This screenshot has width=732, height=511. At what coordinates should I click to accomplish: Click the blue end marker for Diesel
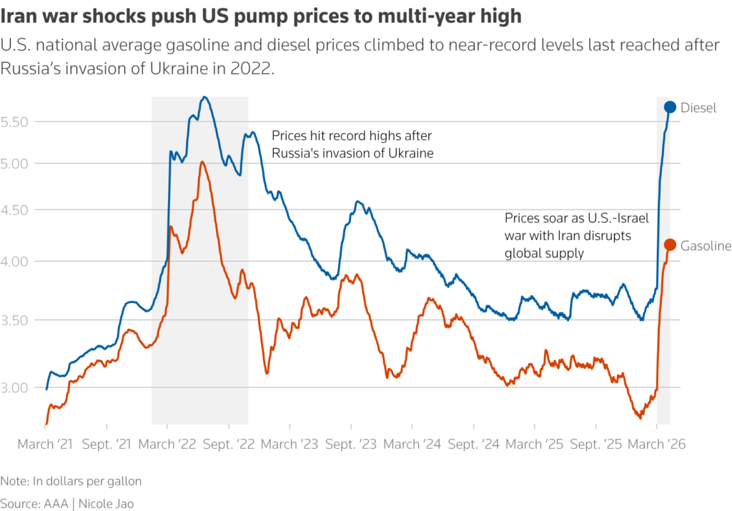[670, 107]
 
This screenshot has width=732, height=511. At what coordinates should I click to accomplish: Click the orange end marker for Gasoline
[670, 245]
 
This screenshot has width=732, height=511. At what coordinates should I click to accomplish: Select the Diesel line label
[698, 108]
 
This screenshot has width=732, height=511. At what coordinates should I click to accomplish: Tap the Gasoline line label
[705, 246]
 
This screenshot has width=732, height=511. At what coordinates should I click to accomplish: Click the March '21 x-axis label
[45, 444]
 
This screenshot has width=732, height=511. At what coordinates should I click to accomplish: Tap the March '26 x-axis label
[657, 444]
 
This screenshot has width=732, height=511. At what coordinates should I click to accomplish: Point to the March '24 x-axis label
[412, 444]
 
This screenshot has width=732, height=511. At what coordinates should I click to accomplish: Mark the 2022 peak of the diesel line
[204, 97]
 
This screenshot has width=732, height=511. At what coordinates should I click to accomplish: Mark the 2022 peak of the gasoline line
[202, 162]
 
